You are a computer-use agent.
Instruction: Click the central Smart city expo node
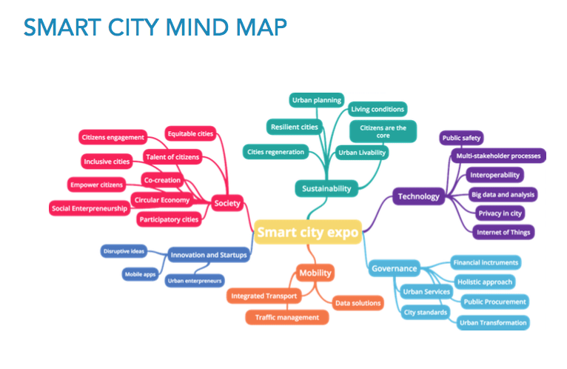pos(308,233)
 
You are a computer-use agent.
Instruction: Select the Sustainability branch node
pos(326,188)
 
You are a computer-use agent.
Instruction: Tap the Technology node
pos(419,196)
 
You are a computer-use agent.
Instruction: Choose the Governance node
pos(395,268)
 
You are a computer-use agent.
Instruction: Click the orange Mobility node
pos(315,273)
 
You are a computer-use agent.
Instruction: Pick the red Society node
pos(227,203)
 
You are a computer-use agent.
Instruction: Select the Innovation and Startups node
pos(209,256)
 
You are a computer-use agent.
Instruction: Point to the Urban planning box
pos(316,100)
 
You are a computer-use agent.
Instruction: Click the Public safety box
pos(461,138)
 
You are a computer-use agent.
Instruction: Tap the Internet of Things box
pos(503,232)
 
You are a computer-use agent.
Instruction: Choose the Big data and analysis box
pos(503,194)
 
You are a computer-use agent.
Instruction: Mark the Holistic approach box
pos(485,282)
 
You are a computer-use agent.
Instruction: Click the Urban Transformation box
pos(493,322)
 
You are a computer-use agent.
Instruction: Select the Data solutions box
pos(358,302)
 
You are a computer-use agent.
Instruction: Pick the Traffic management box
pos(286,317)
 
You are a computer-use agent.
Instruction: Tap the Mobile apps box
pos(140,274)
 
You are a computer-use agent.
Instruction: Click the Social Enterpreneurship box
pos(90,208)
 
